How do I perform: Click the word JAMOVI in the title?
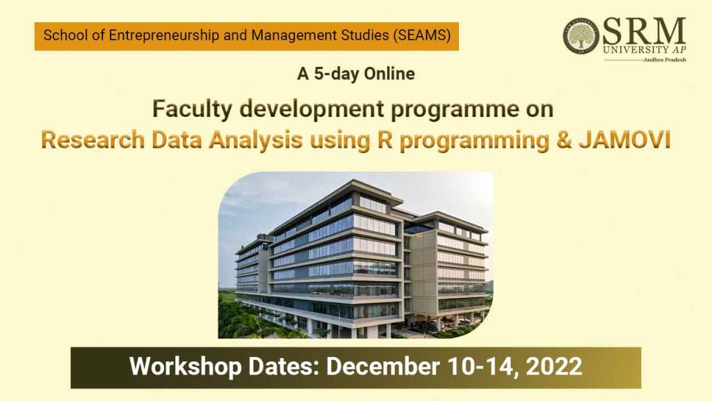625,139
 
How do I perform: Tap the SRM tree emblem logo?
581,36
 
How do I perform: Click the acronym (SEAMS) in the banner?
422,35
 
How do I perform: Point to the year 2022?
554,366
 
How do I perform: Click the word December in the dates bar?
383,366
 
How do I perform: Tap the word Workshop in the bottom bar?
185,367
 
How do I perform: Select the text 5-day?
337,74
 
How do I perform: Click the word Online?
389,74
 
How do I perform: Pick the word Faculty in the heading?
192,109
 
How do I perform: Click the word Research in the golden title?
92,139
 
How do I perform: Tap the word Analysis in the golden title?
256,141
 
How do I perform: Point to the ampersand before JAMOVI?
563,139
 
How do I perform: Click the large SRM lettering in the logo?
645,31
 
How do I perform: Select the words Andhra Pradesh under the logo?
665,60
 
